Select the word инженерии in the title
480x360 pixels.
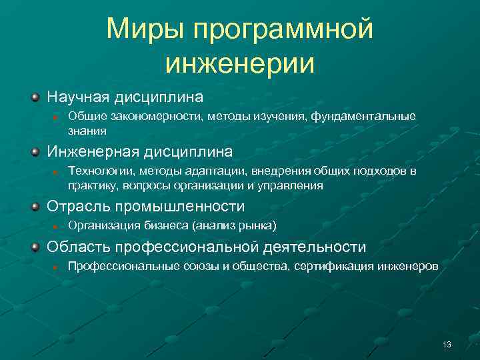(x=239, y=64)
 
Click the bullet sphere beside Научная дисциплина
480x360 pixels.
(x=35, y=97)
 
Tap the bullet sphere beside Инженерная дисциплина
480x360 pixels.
(x=35, y=151)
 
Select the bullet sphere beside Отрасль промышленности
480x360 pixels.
(x=35, y=207)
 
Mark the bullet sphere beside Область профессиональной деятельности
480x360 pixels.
(x=35, y=247)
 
